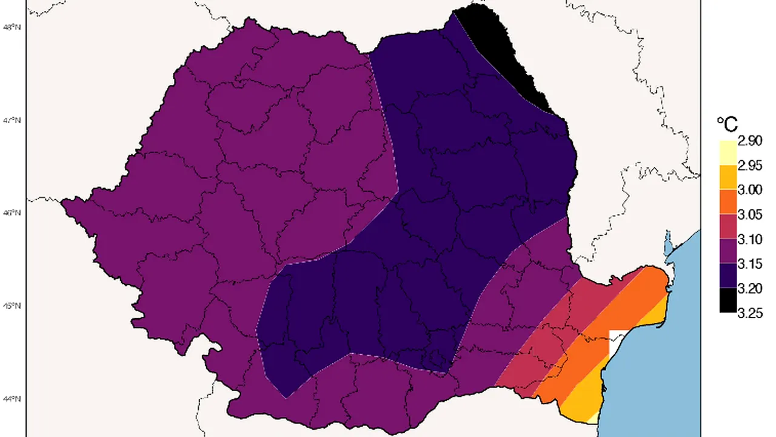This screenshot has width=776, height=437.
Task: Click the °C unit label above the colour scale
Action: point(727,125)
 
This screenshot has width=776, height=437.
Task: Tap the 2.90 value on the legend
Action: point(750,141)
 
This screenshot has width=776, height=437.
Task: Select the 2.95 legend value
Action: point(750,166)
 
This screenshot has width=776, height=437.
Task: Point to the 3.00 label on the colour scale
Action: point(750,190)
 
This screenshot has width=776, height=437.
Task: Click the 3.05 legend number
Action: point(750,215)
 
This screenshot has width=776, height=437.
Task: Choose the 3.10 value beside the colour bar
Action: point(750,239)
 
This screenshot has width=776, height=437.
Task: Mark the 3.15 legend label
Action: point(750,264)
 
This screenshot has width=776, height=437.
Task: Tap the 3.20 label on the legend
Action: point(750,288)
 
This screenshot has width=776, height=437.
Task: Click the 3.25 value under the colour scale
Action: point(750,313)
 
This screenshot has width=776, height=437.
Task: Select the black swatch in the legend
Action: point(727,300)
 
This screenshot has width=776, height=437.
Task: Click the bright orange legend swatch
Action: point(727,202)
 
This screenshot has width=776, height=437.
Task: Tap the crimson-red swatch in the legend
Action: point(727,227)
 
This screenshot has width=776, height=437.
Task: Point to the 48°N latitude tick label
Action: point(14,27)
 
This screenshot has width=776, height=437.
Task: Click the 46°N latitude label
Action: point(14,213)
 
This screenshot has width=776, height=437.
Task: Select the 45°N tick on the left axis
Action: point(14,306)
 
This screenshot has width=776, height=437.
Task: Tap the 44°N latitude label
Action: point(14,399)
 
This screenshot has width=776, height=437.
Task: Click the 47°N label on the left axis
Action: point(14,120)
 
